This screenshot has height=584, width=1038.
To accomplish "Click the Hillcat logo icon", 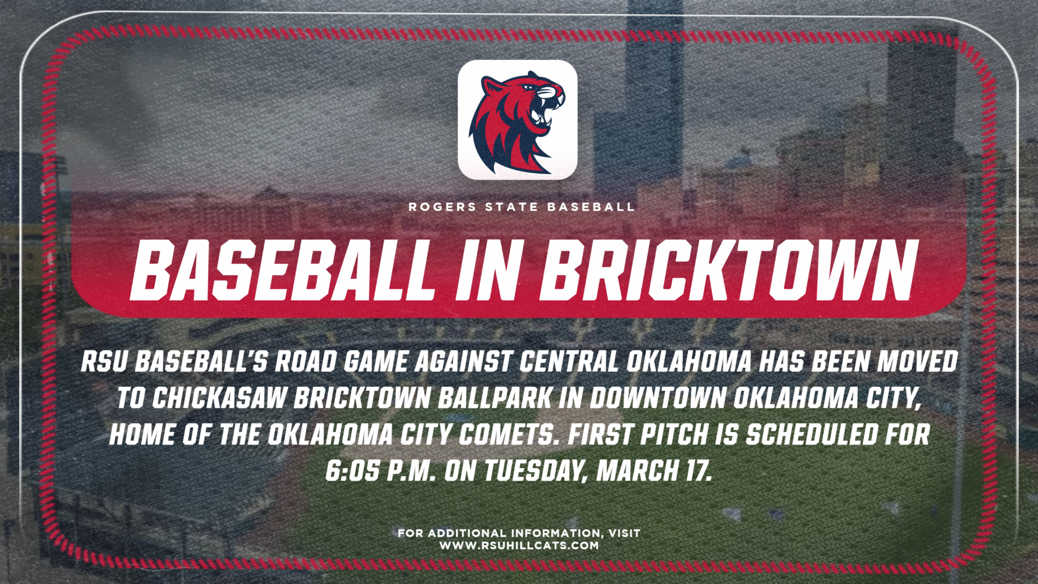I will click(517, 120).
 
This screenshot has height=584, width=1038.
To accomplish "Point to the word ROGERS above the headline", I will click(442, 207).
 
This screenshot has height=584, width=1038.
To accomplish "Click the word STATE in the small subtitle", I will click(512, 207).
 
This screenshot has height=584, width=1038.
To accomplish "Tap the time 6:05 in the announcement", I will click(352, 471).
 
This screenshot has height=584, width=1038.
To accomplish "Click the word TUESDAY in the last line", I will click(535, 471).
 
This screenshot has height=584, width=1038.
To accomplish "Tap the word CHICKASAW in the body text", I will click(220, 398).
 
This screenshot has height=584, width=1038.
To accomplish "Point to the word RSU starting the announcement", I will click(104, 362).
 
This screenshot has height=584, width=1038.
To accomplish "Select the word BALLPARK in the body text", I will click(495, 398).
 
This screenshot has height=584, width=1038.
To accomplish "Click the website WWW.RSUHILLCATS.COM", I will click(519, 546).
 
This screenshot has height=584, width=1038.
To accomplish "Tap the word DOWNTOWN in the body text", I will click(658, 398).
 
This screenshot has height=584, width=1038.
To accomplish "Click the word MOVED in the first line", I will click(917, 362).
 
